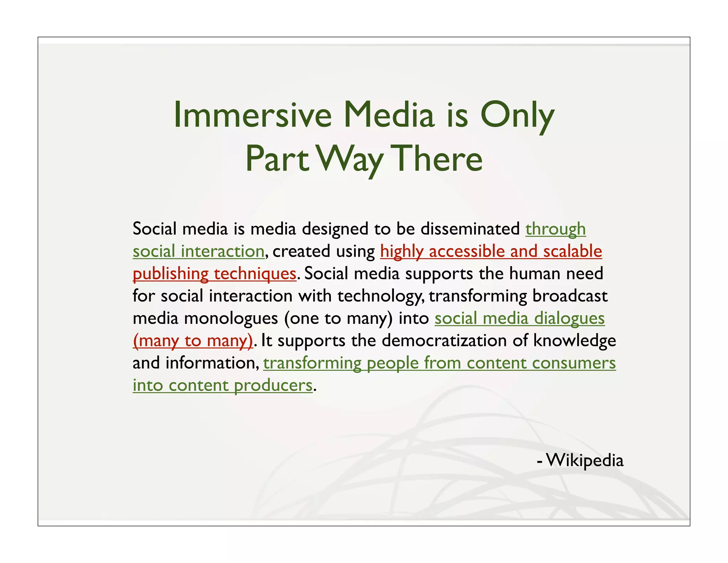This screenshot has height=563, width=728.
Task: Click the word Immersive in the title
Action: click(252, 115)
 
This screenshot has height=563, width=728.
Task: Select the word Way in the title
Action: click(350, 159)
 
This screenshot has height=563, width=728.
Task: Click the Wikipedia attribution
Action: click(584, 460)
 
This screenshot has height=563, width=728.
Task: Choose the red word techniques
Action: click(255, 274)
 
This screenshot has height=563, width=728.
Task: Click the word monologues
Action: click(231, 319)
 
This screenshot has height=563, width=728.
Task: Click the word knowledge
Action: click(574, 341)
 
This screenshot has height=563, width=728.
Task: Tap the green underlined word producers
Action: click(273, 386)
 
